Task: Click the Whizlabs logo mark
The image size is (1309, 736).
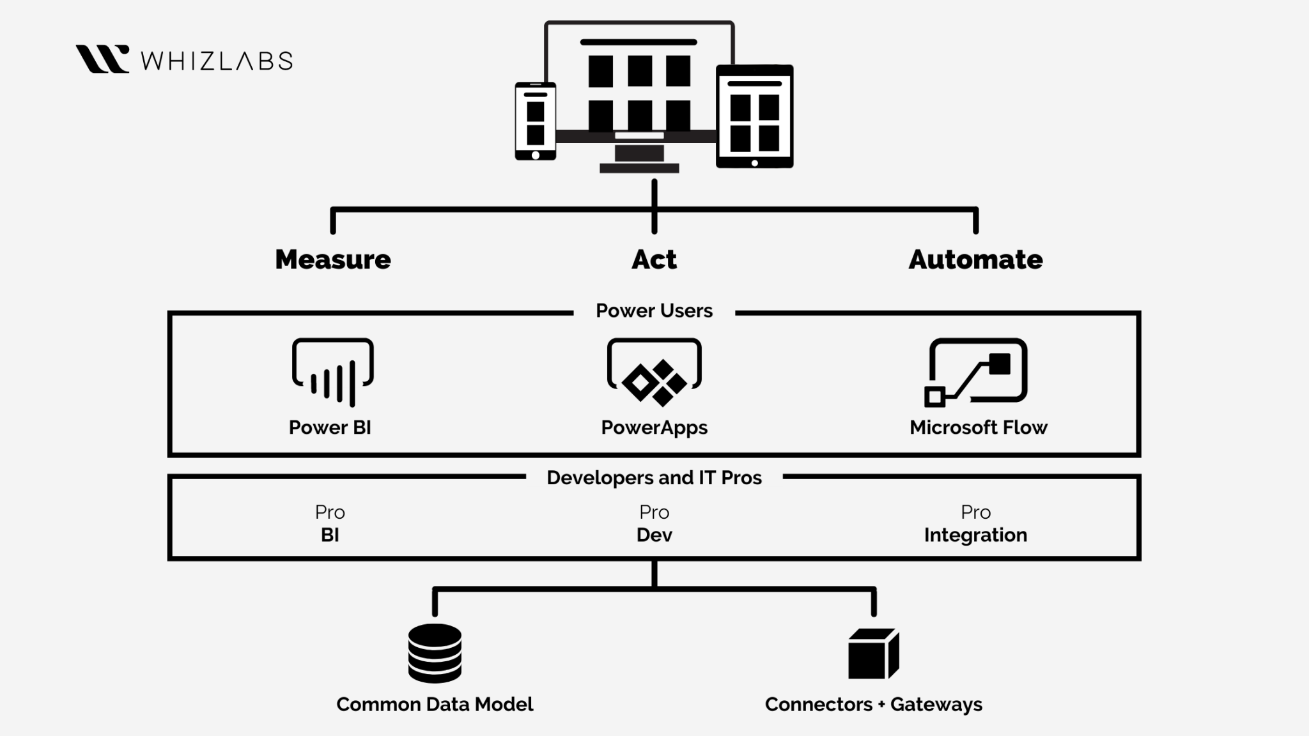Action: point(102,59)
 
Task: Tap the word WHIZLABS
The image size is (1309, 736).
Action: point(217,61)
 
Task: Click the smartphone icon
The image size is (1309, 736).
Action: point(536,121)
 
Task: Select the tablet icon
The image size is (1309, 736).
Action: point(754,116)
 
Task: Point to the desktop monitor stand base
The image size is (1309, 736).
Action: point(639,168)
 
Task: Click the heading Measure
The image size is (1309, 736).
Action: point(333,259)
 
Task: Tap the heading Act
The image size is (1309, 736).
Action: point(654,259)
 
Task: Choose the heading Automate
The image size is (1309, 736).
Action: point(975,259)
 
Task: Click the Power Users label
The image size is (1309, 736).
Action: point(654,310)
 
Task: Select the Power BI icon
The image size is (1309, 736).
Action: point(333,372)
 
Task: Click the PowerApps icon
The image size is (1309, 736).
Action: point(654,372)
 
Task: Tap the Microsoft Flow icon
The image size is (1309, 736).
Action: point(977,372)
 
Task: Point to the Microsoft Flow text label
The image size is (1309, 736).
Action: point(978,427)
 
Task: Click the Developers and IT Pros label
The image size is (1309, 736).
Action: point(654,478)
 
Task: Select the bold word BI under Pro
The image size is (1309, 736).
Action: point(330,535)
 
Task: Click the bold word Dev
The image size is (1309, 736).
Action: point(654,535)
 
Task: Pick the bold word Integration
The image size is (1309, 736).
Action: point(975,535)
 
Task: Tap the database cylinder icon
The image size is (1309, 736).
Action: point(435,653)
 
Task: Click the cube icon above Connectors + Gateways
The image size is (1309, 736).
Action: point(873,654)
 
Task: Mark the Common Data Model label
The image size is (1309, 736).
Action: point(435,704)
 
